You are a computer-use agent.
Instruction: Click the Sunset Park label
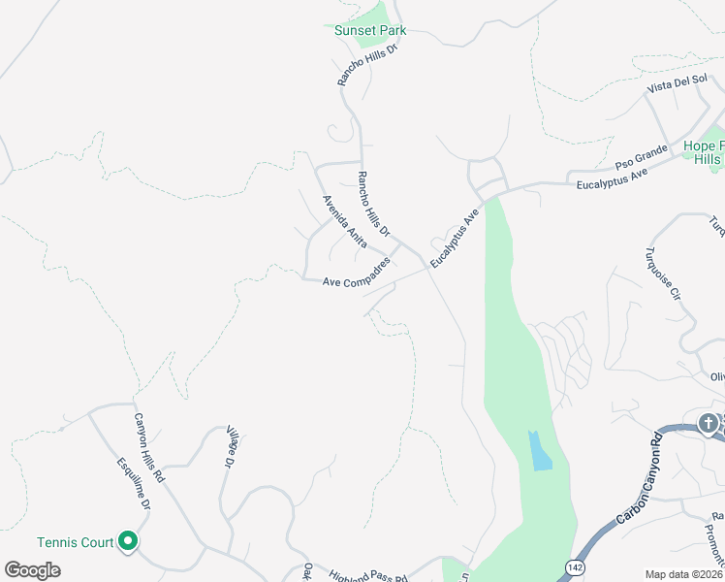[369, 30]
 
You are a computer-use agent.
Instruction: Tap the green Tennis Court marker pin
[128, 542]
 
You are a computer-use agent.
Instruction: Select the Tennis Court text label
[76, 542]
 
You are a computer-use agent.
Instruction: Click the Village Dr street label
[231, 447]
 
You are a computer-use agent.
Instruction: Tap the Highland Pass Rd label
[367, 575]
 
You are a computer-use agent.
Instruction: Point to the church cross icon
[709, 424]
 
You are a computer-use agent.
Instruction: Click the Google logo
[32, 570]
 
